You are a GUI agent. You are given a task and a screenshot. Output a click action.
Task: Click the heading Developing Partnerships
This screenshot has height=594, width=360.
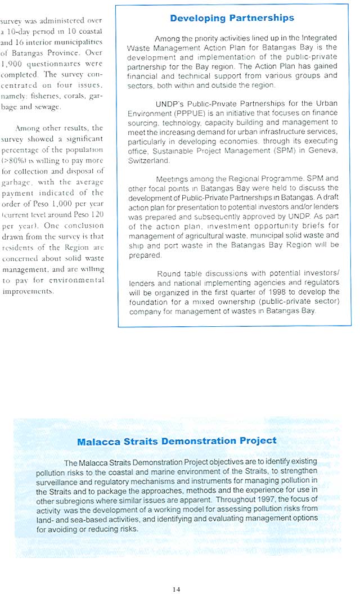(232, 18)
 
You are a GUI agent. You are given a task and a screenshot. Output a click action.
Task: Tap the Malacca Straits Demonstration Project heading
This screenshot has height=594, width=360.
(177, 442)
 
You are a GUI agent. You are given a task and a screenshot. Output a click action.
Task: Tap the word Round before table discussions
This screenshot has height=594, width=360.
(169, 274)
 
